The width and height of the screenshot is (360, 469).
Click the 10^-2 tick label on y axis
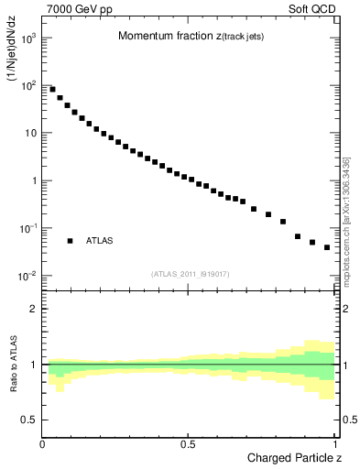pos(27,276)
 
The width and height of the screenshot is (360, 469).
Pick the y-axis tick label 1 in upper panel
pos(34,180)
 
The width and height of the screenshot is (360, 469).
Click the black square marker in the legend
pos(70,241)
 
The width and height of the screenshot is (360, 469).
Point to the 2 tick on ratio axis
pos(34,309)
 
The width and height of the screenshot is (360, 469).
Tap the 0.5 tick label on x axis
pos(187,443)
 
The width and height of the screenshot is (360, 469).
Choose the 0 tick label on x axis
pos(43,443)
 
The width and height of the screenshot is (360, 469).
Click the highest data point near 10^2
pos(52,89)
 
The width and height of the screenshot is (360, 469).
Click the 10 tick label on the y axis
pos(29,133)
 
